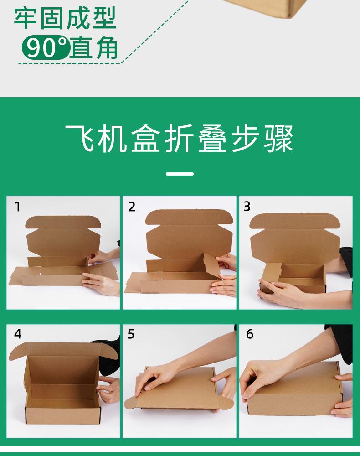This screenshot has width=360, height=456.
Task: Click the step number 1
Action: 18,207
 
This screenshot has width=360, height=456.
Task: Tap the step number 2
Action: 132,207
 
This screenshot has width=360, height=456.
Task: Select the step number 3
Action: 247,206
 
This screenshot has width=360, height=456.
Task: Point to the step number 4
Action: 18,334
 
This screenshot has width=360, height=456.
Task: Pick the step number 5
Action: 131,334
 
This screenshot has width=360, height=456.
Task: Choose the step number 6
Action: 250,334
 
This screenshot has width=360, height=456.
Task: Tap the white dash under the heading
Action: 180,174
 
